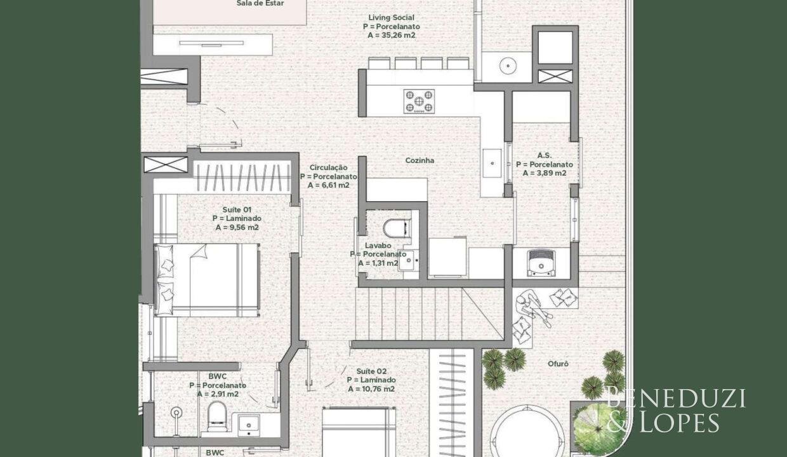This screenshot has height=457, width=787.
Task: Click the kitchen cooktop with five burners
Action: pos(419,102)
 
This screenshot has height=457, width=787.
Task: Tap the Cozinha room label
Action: pos(420,161)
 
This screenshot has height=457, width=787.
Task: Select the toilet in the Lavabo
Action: pos(397,228)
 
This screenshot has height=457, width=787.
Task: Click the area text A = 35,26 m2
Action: pos(392,36)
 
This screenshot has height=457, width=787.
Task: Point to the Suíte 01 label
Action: pos(237,209)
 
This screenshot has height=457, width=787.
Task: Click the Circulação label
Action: pos(328,168)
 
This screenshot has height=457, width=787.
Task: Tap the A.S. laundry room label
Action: pos(544,156)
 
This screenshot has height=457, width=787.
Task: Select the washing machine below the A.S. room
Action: pos(541,263)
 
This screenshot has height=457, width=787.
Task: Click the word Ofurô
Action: pos(558,364)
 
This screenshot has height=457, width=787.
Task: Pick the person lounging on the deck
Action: pos(533,307)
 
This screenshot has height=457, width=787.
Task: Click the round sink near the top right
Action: pos(508,65)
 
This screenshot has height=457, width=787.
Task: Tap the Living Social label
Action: pos(392,18)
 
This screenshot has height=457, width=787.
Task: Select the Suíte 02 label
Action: pos(371,371)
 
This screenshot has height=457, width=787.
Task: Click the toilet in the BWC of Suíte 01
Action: pos(217,416)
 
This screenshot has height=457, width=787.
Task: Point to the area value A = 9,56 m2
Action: pos(237,228)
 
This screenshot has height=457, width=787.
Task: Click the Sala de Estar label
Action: pos(260,4)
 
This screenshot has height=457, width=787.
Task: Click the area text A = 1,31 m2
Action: pos(378,263)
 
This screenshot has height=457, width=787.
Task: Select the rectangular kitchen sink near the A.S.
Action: pos(492,163)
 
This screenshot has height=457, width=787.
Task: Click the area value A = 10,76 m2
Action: pos(371,389)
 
